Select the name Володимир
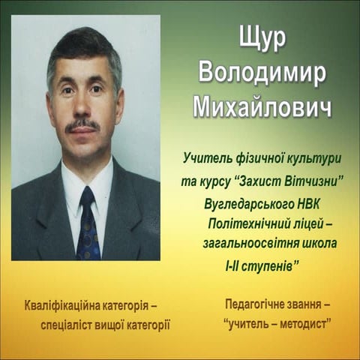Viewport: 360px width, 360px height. click(x=261, y=73)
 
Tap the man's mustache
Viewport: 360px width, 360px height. click(x=82, y=124)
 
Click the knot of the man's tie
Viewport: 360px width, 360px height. click(x=88, y=198)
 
